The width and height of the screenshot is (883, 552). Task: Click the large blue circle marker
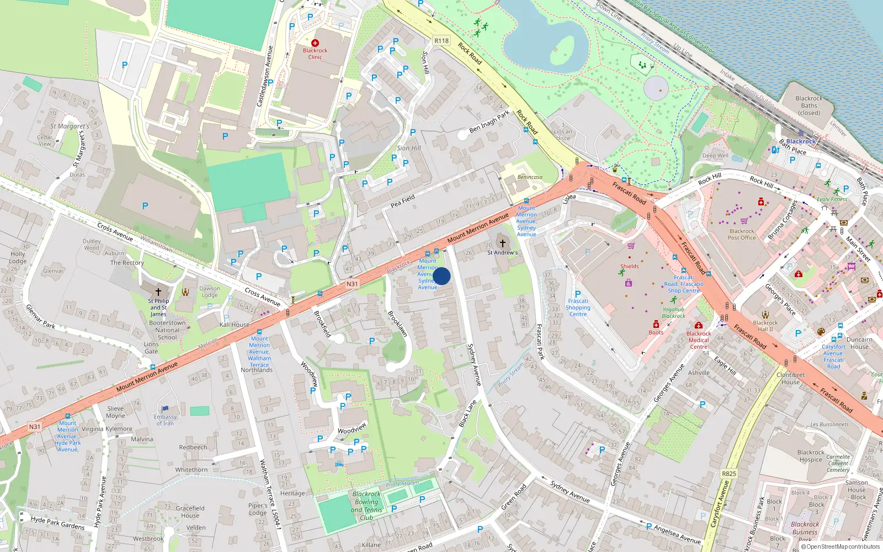tap(441, 276)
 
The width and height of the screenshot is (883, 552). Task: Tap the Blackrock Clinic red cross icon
tap(315, 43)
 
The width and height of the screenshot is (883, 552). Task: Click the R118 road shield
tap(441, 40)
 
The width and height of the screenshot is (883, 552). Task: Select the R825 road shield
tap(729, 474)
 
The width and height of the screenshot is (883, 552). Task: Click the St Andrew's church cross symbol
tap(502, 243)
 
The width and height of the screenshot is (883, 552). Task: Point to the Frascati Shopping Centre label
tap(578, 307)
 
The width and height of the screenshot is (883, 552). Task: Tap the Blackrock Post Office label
tap(742, 235)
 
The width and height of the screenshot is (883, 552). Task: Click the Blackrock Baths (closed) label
tap(809, 105)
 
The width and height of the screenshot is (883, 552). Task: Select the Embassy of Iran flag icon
tap(164, 409)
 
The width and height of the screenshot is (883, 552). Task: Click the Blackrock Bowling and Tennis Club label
tap(366, 506)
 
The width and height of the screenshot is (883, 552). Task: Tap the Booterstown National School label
tap(167, 330)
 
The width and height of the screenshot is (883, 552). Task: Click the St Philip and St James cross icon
tap(158, 291)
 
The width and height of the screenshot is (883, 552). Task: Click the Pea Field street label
tap(403, 201)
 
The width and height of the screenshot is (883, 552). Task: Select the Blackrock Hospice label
tap(811, 456)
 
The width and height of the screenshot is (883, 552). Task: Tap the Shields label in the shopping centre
tap(629, 266)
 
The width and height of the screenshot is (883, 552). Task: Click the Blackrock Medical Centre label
tap(699, 340)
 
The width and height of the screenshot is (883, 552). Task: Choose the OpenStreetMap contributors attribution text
tap(841, 546)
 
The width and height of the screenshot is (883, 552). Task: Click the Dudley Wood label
tap(92, 245)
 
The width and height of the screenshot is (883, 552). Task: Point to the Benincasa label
tap(530, 177)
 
